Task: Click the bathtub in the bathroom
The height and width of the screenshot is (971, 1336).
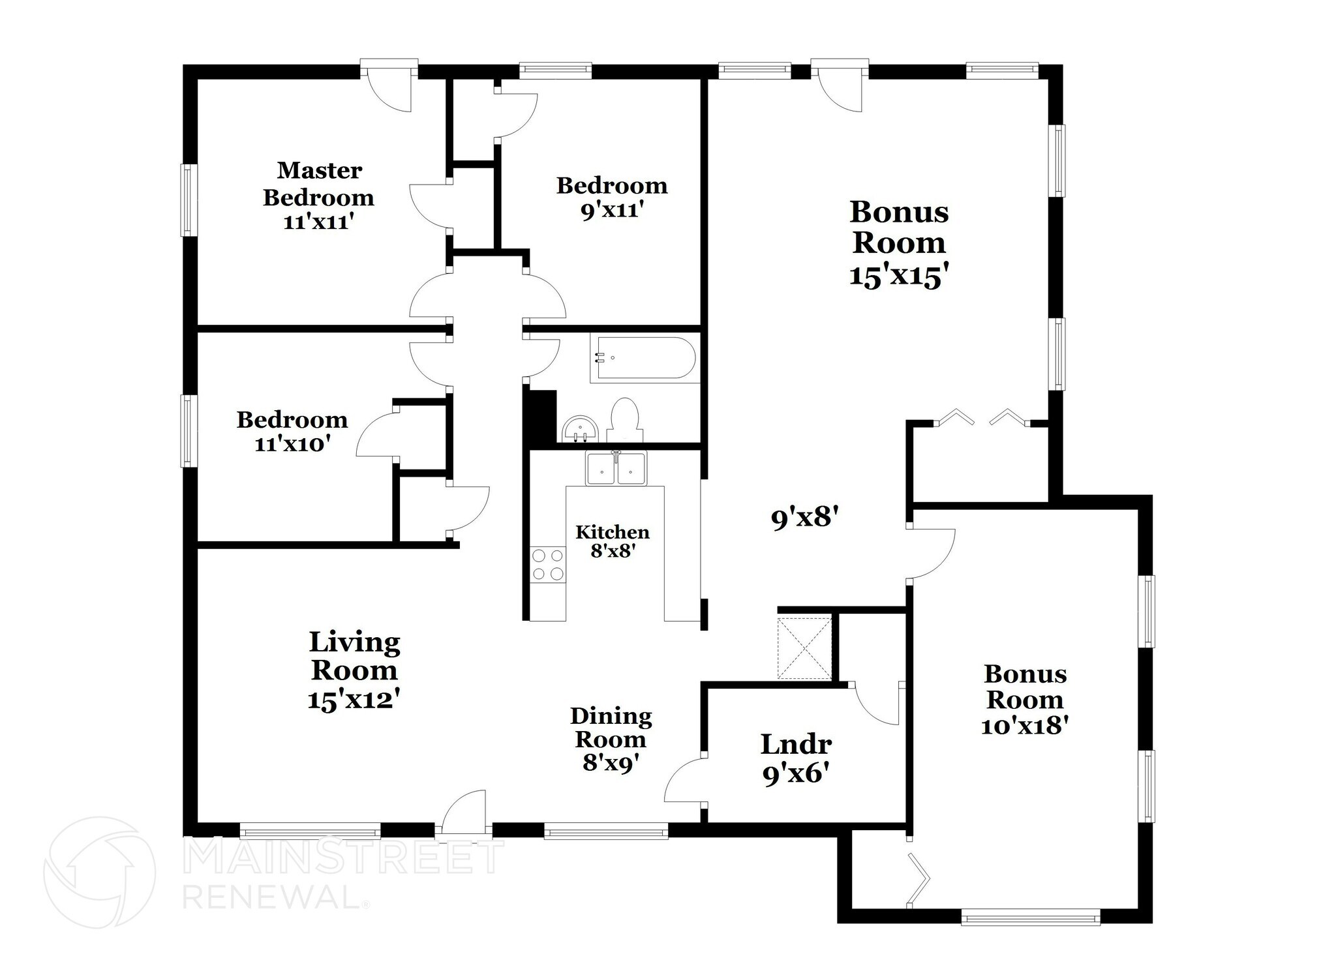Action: coord(643,359)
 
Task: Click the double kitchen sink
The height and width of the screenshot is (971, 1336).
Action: coord(616,468)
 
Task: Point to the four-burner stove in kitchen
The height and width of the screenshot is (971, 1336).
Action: coord(547,565)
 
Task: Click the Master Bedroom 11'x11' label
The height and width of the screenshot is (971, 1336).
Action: coord(318,196)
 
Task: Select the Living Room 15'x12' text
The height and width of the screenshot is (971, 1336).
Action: coord(354,670)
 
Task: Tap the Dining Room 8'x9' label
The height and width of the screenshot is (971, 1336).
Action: coord(611,739)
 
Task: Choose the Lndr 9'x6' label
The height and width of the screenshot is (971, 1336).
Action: coord(796,758)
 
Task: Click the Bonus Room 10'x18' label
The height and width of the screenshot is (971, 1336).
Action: coord(1025,700)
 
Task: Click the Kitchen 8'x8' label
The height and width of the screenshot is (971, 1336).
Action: coord(613,541)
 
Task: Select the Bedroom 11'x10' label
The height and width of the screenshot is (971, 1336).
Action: coord(292,431)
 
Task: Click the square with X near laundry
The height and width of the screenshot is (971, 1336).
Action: coord(804,648)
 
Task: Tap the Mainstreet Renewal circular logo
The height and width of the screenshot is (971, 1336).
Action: coord(99,873)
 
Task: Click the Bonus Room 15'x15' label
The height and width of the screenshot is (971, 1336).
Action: coord(898,243)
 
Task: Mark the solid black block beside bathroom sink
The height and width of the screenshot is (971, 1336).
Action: coord(541,417)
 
